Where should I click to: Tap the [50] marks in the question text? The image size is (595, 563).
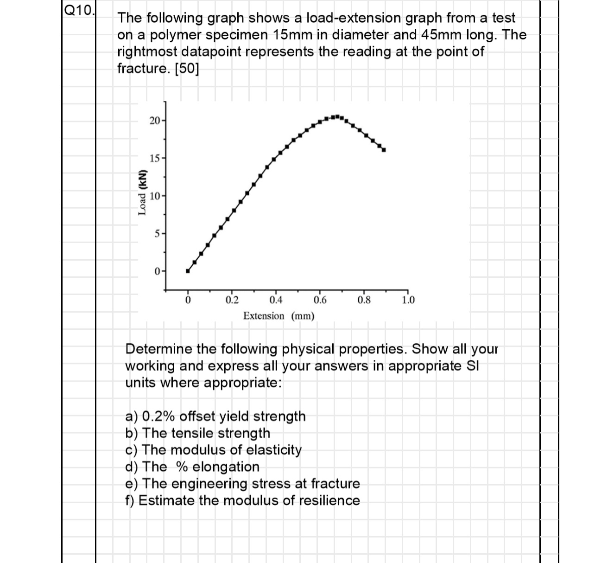coord(187,69)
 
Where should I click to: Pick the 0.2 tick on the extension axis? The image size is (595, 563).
coord(232,300)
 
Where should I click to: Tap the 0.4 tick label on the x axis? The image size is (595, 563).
coord(276,300)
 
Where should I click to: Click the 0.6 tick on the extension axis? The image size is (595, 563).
coord(320,300)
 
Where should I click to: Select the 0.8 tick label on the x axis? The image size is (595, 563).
coord(364,300)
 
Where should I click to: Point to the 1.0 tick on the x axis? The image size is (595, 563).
coord(408,300)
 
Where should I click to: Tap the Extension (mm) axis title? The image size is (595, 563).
coord(279,316)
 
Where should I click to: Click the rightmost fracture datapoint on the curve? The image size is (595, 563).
coord(384,150)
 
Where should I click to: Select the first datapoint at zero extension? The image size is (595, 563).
coord(188,271)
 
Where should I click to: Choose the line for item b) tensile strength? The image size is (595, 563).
coord(198,433)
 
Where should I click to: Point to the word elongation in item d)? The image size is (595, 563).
coord(226,467)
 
